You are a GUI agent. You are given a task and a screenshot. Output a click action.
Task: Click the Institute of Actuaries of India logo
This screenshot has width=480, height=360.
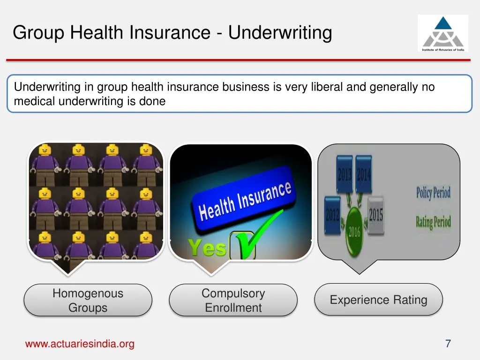click(442, 33)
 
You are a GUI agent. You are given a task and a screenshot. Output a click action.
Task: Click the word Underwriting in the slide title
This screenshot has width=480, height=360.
click(280, 32)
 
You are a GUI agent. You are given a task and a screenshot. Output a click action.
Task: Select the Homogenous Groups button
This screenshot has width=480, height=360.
click(88, 300)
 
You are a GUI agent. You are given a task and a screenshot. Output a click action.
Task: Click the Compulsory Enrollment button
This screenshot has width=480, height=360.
click(233, 300)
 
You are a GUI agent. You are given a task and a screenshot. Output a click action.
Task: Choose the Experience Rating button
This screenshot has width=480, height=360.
click(378, 300)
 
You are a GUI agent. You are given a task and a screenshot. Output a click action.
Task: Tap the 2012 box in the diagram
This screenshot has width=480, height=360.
click(333, 215)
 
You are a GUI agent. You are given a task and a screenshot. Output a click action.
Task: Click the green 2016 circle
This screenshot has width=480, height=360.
click(354, 232)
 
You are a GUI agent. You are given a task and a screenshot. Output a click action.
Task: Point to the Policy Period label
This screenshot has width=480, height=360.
click(433, 193)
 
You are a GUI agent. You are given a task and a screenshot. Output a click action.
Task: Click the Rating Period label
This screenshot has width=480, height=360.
click(433, 221)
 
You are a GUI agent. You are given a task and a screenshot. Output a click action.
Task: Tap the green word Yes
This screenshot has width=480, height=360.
click(207, 247)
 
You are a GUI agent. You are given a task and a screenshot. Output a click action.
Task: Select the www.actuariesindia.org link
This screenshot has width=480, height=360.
click(80, 344)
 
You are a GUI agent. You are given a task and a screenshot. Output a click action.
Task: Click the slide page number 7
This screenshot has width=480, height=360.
click(448, 344)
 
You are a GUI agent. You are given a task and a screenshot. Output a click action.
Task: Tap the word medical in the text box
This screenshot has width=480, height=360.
click(35, 101)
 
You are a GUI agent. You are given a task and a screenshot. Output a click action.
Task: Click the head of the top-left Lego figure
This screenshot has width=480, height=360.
click(45, 150)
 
